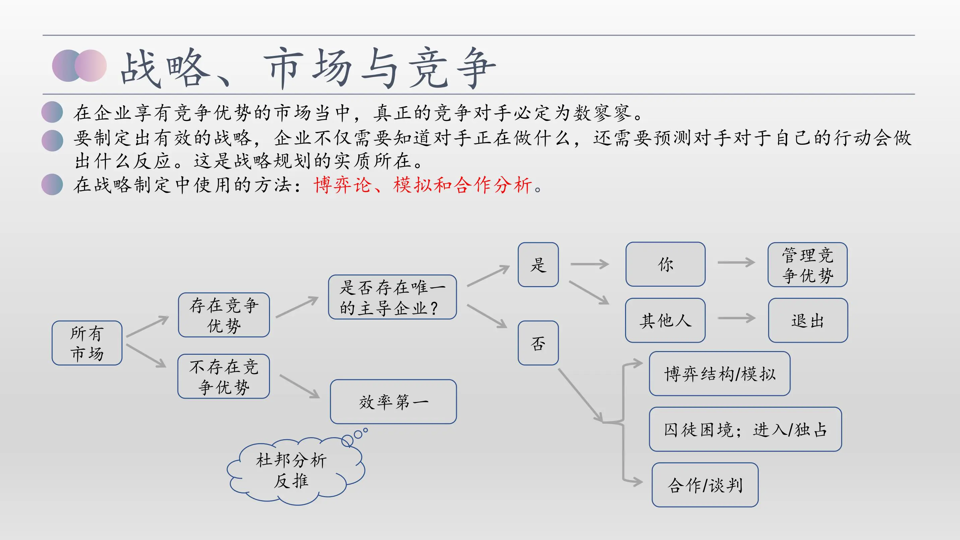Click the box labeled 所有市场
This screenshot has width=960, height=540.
coord(87,343)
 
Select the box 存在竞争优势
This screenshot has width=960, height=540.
coord(224,315)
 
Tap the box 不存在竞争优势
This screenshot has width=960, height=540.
coord(224,377)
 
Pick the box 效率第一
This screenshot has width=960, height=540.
coord(393,402)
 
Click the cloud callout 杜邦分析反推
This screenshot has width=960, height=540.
coord(291,470)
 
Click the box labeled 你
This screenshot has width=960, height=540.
coord(665,264)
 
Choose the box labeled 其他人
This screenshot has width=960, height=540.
coord(665,320)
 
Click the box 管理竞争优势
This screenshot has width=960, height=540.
coord(807,265)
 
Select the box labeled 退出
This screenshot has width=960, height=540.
coord(808,320)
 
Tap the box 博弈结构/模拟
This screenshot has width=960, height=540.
coord(719,374)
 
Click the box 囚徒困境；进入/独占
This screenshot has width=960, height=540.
coord(745,429)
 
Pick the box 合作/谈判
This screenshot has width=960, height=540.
coord(705,485)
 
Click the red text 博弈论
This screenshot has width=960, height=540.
coord(342,185)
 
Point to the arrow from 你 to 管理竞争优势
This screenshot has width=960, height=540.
coord(736,262)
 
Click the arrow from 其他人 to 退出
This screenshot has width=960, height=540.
coord(736,318)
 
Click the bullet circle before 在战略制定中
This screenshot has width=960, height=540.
coord(52,185)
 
